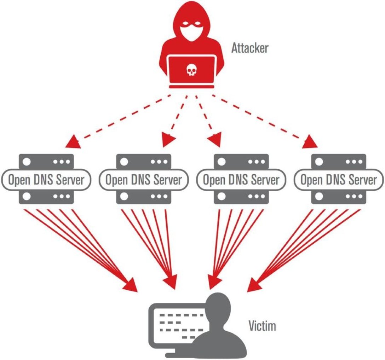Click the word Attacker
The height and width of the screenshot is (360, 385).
pyautogui.click(x=250, y=48)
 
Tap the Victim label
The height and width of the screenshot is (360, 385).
pyautogui.click(x=262, y=326)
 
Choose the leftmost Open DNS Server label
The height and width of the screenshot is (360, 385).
pyautogui.click(x=46, y=180)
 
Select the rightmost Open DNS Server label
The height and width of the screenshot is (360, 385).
pyautogui.click(x=339, y=180)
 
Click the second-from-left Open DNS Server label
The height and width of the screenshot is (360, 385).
pyautogui.click(x=144, y=180)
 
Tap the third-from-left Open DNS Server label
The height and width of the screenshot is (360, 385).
pyautogui.click(x=241, y=180)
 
